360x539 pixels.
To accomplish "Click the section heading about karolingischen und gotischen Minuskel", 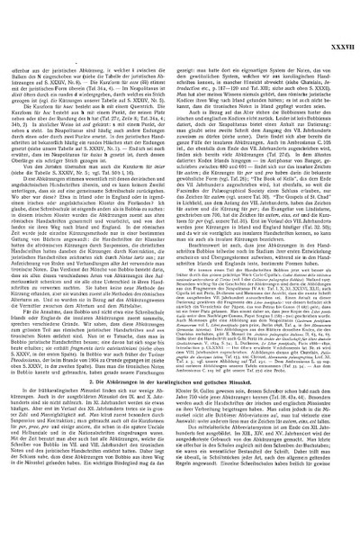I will point(180,378).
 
